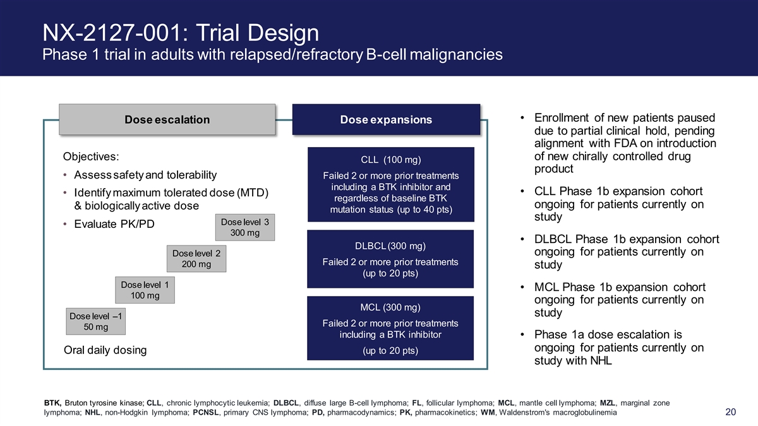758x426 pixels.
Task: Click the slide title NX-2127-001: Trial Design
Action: (x=181, y=33)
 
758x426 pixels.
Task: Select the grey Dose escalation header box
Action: (x=167, y=119)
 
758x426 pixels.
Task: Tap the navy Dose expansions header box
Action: (x=386, y=119)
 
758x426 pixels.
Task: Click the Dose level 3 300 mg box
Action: (x=245, y=227)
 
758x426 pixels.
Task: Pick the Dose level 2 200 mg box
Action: (x=196, y=259)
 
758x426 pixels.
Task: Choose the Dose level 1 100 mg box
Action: (x=145, y=290)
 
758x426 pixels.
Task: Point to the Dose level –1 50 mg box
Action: (x=96, y=321)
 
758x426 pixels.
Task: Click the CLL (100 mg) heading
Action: (x=391, y=160)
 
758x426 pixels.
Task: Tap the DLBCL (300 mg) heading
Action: (x=390, y=246)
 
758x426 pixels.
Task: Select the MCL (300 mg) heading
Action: (x=390, y=307)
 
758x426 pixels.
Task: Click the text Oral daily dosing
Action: (x=105, y=350)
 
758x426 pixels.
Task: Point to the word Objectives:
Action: (x=91, y=157)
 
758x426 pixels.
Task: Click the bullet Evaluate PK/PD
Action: (x=114, y=224)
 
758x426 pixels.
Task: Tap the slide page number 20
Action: (x=731, y=411)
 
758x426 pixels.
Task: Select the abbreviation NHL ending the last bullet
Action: (x=601, y=361)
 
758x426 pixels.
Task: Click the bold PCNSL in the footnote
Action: (x=206, y=413)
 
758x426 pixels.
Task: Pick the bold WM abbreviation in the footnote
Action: (x=488, y=413)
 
